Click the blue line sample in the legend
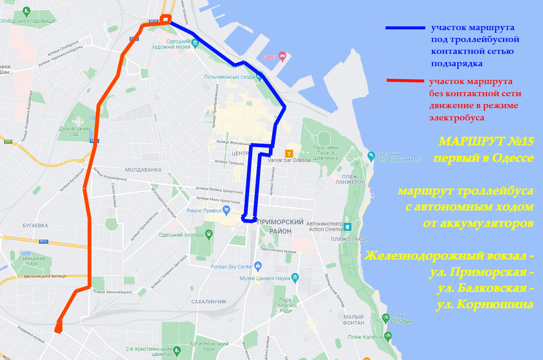tap(405, 28)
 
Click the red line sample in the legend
tap(405, 81)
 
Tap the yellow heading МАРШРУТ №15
tap(486, 142)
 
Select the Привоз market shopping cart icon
tap(226, 210)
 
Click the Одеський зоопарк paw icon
tap(209, 234)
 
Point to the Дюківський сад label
tap(74, 131)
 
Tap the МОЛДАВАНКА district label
tap(143, 170)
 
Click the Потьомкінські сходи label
tap(229, 77)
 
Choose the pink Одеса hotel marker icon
tap(282, 56)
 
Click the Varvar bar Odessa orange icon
tap(289, 153)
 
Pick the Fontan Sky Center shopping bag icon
tap(258, 266)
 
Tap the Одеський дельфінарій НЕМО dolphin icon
tap(371, 156)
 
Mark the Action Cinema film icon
tap(347, 226)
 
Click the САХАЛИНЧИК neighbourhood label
tap(209, 302)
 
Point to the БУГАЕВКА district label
tap(35, 226)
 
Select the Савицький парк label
tap(32, 261)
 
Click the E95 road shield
tap(8, 142)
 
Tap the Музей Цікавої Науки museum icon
tap(295, 277)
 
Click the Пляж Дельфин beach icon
tap(386, 318)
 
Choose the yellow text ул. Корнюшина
tap(485, 305)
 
